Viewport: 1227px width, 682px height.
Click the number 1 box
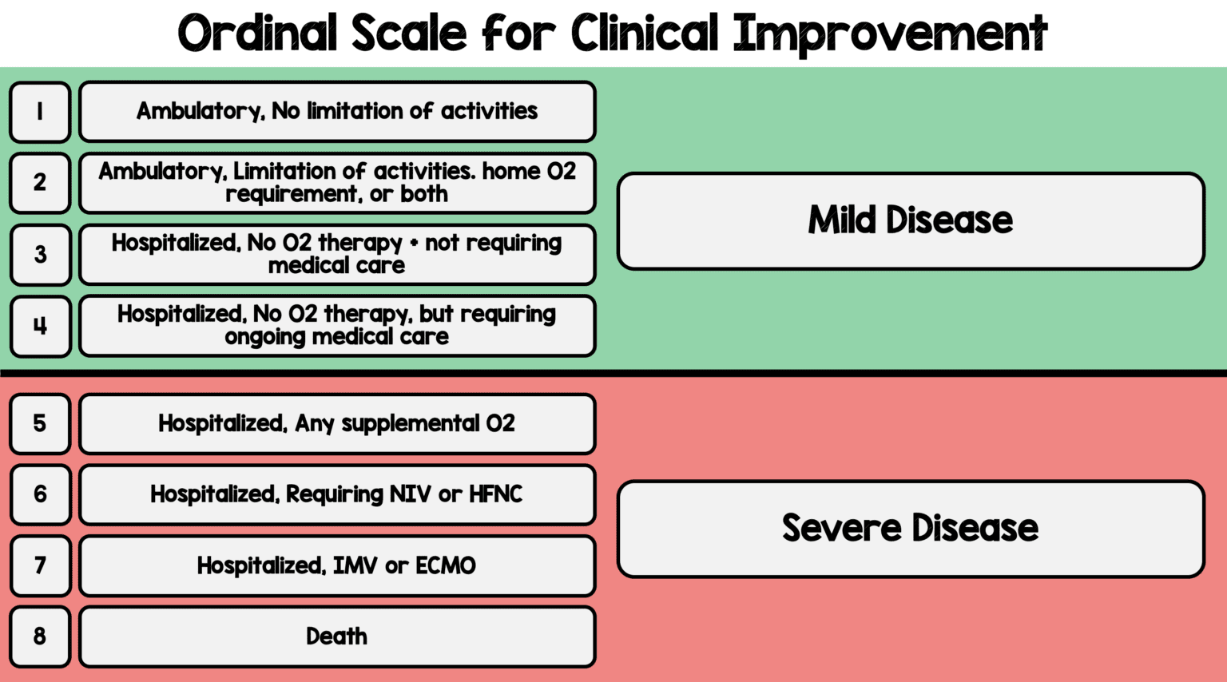tap(40, 112)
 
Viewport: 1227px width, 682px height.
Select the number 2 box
tap(40, 183)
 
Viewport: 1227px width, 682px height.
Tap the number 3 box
tap(40, 255)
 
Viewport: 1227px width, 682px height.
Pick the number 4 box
tap(40, 326)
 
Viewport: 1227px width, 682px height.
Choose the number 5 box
tap(40, 423)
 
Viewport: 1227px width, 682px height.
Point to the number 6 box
tap(40, 494)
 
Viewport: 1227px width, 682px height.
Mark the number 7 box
tap(40, 565)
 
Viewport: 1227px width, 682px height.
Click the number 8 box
tap(40, 636)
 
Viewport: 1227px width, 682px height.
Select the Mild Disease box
tap(911, 221)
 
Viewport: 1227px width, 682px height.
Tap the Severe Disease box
tap(911, 529)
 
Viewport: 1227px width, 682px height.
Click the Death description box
tap(337, 636)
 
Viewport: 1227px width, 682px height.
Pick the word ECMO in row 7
tap(446, 566)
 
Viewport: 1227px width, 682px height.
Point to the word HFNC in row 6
tap(495, 494)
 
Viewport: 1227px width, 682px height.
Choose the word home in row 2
tap(511, 171)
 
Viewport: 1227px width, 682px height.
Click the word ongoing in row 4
tap(265, 338)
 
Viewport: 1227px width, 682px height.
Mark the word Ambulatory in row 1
tap(200, 111)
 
